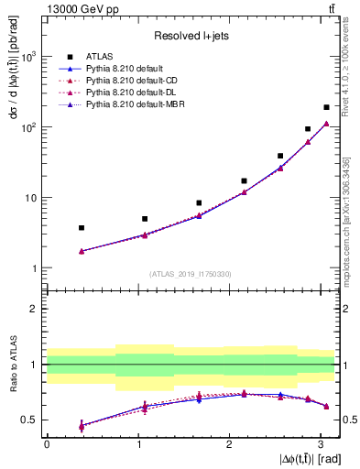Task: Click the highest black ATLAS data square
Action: (x=326, y=107)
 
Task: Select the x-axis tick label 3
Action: (x=320, y=443)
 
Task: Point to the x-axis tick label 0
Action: (x=47, y=443)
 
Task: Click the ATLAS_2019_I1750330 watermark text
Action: (x=191, y=273)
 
